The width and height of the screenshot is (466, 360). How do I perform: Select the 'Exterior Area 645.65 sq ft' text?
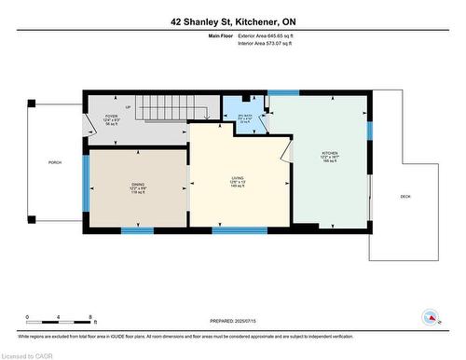coord(272,35)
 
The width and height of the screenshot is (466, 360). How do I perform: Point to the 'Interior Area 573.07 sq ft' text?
coord(271,42)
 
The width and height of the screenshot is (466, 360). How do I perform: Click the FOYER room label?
coord(111,120)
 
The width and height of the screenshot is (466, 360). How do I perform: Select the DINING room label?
coord(137,187)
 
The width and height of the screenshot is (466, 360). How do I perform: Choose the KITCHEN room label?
coord(330,157)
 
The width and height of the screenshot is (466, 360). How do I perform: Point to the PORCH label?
coord(55,162)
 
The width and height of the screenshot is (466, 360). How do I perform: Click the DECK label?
coord(404,197)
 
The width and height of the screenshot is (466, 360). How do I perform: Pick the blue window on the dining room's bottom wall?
coord(137,229)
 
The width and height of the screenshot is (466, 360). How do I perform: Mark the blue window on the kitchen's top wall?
coord(282,92)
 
